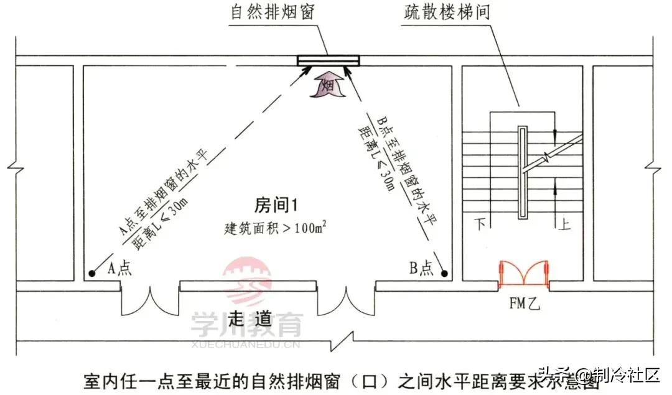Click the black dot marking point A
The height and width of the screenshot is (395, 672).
point(91,273)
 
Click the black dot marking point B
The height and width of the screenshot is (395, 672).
point(444,273)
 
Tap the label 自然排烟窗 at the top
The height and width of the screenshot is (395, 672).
point(273,12)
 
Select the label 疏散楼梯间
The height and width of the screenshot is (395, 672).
point(447,12)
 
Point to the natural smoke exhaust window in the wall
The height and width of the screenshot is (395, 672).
point(329,60)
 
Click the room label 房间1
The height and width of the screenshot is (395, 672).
point(276,205)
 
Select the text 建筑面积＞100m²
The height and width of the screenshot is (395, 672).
point(275,227)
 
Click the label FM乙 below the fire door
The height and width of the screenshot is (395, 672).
point(525,304)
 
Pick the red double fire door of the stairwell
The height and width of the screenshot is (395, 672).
point(524,272)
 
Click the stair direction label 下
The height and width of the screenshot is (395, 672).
point(480,223)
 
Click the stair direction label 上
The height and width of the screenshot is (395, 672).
point(564,223)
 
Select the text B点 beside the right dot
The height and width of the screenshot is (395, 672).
point(421,267)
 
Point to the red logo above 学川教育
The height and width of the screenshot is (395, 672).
point(247,281)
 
